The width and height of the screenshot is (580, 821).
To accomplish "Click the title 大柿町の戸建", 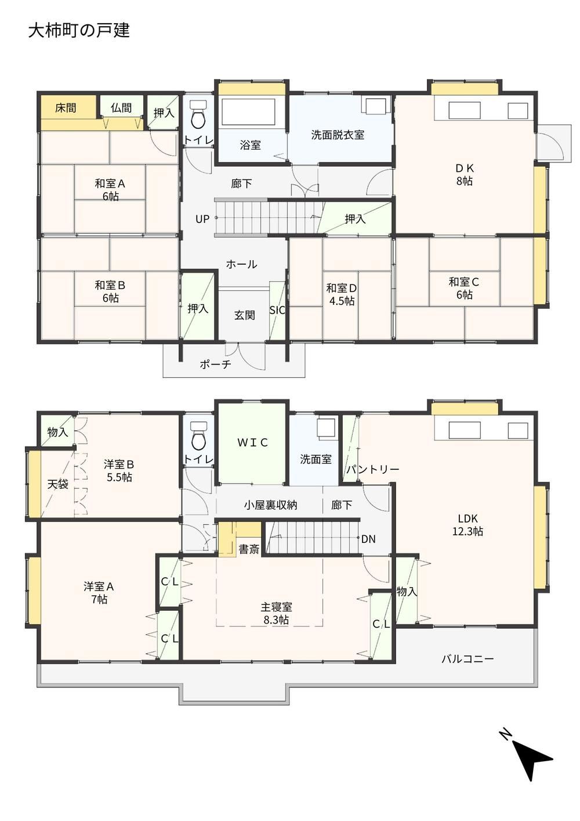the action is [79, 30].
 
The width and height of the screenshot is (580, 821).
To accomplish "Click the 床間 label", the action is [66, 108].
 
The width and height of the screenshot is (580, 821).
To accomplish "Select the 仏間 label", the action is [121, 108].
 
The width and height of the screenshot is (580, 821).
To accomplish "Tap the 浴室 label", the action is [251, 145].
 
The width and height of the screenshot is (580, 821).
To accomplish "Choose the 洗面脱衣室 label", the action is [338, 135].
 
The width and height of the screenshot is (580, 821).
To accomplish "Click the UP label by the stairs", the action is [202, 219].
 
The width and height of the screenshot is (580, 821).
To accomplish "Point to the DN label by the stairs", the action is [368, 539].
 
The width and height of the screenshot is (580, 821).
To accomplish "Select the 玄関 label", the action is [245, 315].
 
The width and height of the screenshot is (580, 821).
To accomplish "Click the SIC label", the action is [277, 311].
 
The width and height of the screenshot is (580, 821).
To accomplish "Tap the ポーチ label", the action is [216, 364].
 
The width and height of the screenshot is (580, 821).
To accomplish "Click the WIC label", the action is [253, 442].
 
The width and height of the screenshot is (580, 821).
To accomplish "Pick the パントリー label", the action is [373, 469].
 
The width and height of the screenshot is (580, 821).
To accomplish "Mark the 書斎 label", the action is [249, 549].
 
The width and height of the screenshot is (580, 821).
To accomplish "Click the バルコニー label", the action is [467, 659].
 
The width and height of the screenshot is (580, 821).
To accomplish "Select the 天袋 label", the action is [58, 484].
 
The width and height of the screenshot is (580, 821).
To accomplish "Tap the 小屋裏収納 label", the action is [271, 505].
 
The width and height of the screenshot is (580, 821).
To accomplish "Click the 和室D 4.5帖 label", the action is [342, 294].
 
